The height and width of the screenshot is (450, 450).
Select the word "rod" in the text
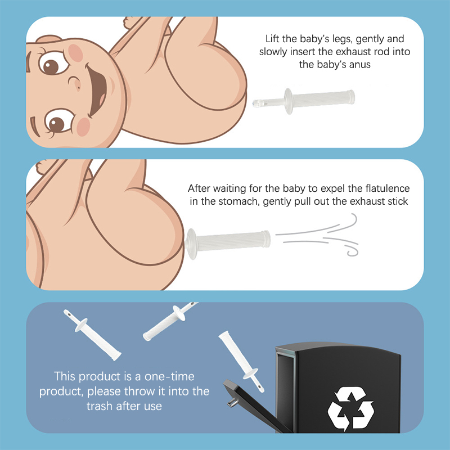pyautogui.click(x=381, y=52)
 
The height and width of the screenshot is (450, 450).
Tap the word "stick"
pyautogui.click(x=398, y=201)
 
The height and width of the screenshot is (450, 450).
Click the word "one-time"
pyautogui.click(x=169, y=376)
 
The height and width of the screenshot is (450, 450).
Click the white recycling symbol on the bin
pyautogui.click(x=350, y=408)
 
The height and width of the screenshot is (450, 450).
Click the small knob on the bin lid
pyautogui.click(x=232, y=402)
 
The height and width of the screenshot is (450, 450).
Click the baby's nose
pyautogui.click(x=75, y=83)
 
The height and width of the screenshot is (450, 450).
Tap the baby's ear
pyautogui.click(x=49, y=39)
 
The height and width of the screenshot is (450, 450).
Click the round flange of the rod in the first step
pyautogui.click(x=289, y=101)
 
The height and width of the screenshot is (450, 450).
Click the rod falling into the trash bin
pyautogui.click(x=241, y=361)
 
